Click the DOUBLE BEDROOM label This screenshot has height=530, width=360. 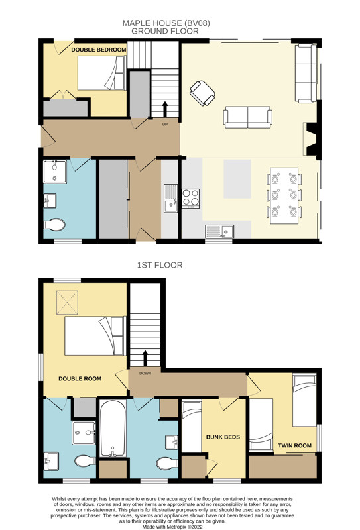pyautogui.click(x=99, y=50)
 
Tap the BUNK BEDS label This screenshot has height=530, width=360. pyautogui.click(x=223, y=437)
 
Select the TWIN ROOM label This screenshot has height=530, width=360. pyautogui.click(x=295, y=445)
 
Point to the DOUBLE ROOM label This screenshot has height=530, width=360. pyautogui.click(x=80, y=378)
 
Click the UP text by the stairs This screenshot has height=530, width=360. pyautogui.click(x=165, y=125)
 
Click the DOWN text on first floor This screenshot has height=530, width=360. pyautogui.click(x=145, y=373)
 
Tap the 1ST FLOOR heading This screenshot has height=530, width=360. pyautogui.click(x=160, y=265)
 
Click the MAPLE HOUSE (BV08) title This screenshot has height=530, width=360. pyautogui.click(x=166, y=23)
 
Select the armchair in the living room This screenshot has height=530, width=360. pyautogui.click(x=202, y=93)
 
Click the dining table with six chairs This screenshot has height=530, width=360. pyautogui.click(x=284, y=195)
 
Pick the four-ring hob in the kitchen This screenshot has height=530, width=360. pyautogui.click(x=191, y=198)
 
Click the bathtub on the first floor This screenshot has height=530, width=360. pyautogui.click(x=113, y=428)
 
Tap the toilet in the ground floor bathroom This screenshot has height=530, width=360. pyautogui.click(x=54, y=225)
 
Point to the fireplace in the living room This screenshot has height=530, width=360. pyautogui.click(x=312, y=139)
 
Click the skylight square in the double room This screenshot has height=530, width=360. pyautogui.click(x=68, y=303)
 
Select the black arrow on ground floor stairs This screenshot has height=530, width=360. pyautogui.click(x=165, y=109)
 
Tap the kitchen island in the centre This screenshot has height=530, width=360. pyautogui.click(x=237, y=179)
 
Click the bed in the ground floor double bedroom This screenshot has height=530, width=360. pyautogui.click(x=102, y=73)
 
